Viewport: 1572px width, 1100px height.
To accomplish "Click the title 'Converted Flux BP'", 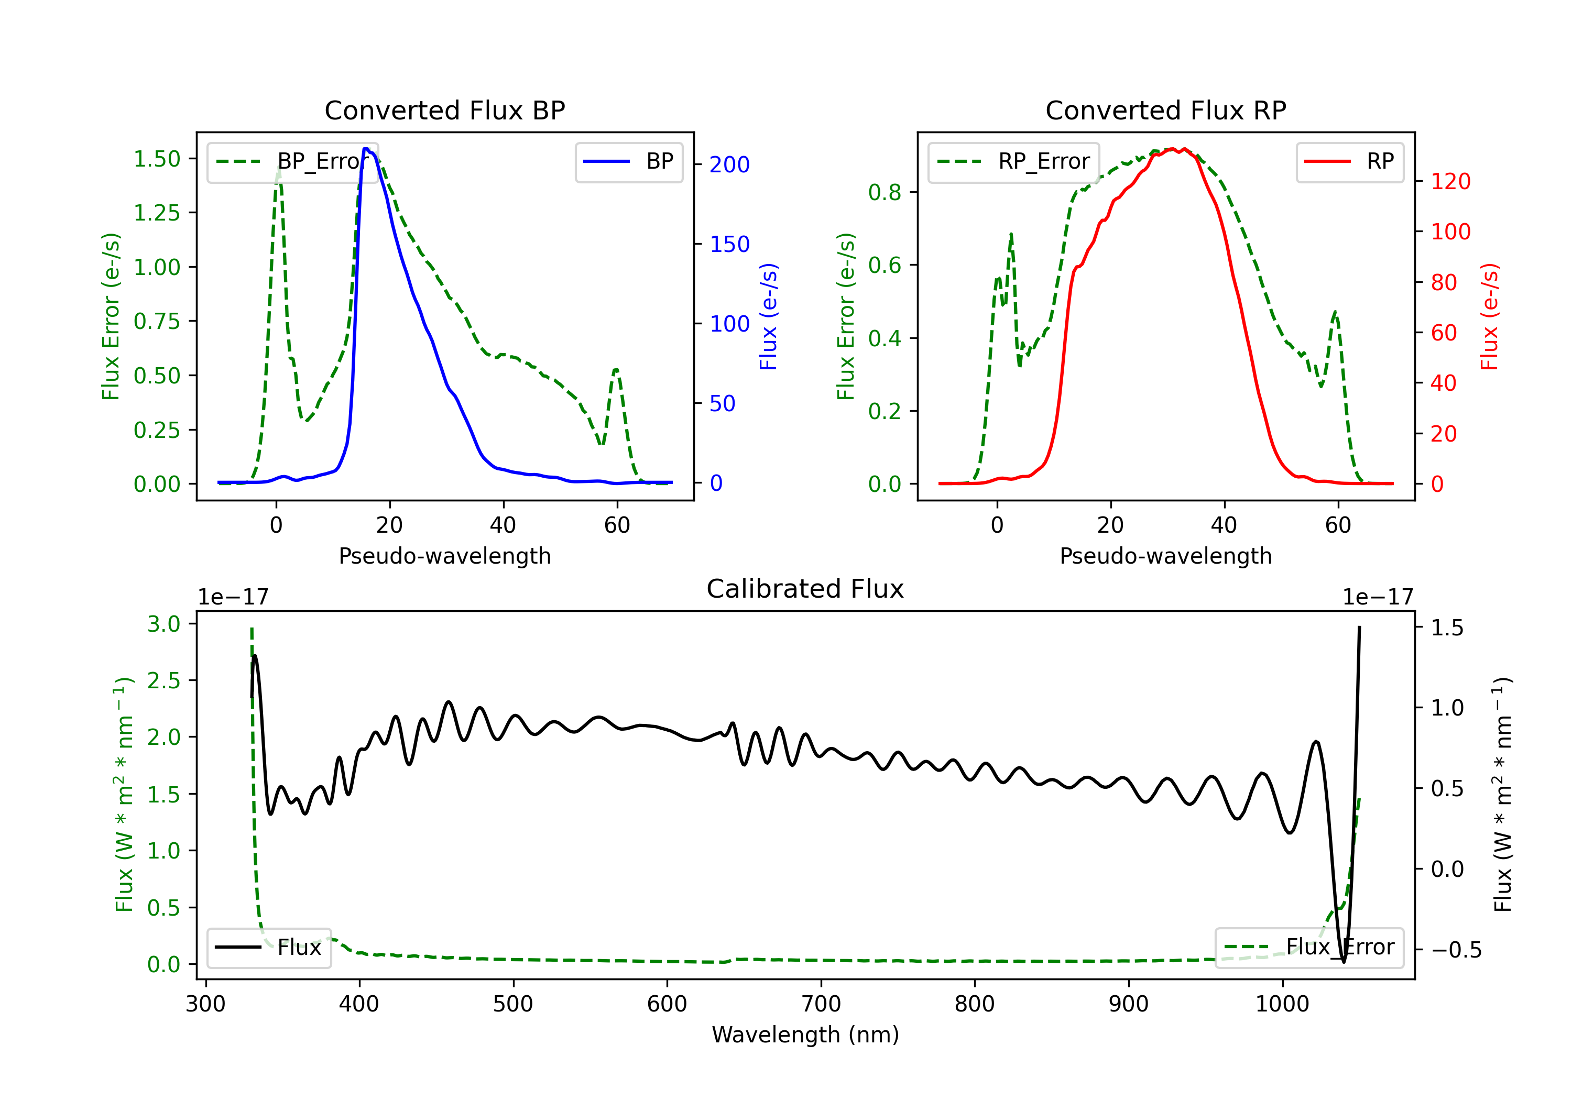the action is tap(444, 110).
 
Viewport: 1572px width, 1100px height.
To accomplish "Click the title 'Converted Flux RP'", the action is tap(1165, 110).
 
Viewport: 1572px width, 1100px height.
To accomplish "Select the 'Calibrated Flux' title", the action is tap(805, 589).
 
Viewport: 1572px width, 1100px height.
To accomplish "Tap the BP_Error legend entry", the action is tap(293, 161).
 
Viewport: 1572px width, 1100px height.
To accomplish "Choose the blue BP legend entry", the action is tap(628, 161).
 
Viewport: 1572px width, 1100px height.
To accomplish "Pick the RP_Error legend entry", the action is tap(1013, 161).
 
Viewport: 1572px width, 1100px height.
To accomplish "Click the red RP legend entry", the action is tap(1349, 161).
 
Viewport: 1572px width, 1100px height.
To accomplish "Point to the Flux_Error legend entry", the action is tap(1309, 948).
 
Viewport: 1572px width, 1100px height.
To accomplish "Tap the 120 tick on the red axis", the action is tap(1450, 181).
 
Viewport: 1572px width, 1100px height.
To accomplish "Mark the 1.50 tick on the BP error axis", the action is tap(157, 159).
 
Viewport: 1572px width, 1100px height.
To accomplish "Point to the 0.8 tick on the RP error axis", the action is tap(885, 192).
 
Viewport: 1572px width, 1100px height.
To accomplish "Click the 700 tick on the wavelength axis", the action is tap(821, 1004).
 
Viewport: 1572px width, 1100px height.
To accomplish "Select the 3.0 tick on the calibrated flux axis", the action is tap(163, 623).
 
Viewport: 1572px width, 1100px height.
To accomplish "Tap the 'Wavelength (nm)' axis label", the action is tap(805, 1035).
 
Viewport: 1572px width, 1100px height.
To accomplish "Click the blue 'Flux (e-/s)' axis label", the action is tap(768, 316).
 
